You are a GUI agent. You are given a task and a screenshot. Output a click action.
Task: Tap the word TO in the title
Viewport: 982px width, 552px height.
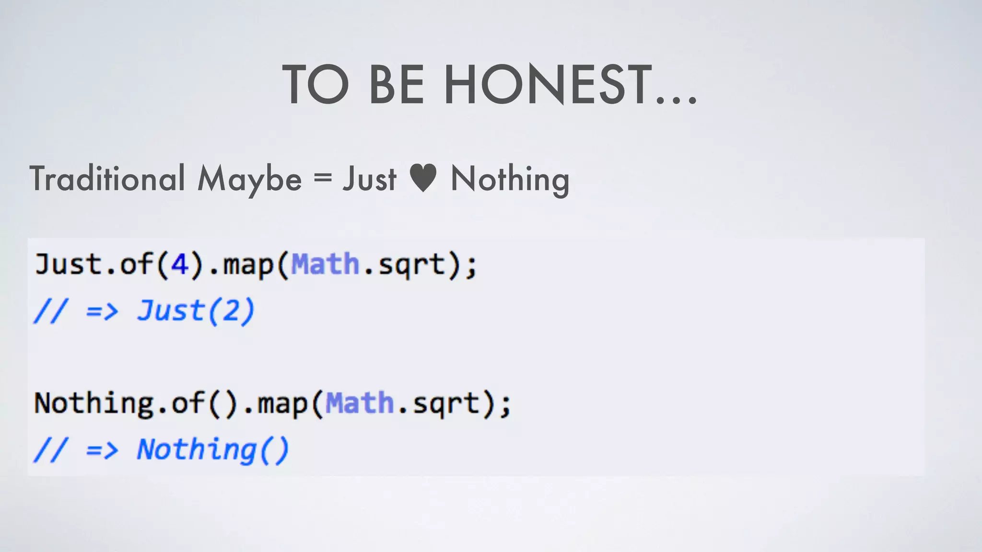click(x=316, y=85)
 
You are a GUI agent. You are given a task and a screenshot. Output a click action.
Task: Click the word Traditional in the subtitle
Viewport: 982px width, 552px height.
click(x=107, y=178)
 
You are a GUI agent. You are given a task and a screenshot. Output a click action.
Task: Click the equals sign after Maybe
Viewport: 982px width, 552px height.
click(x=322, y=177)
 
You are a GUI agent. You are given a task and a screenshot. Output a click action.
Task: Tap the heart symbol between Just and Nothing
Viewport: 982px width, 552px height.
click(x=423, y=178)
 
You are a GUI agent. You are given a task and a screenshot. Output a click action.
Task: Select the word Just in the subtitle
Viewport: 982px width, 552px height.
click(x=369, y=178)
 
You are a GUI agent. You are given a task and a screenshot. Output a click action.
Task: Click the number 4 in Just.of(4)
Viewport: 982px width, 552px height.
click(x=179, y=264)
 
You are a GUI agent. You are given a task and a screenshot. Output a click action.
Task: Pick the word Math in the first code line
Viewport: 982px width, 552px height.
click(x=325, y=264)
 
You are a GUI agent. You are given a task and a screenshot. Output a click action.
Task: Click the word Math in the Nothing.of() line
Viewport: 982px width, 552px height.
click(x=360, y=402)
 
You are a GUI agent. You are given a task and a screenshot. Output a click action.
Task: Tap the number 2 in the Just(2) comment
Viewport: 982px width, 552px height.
click(x=231, y=310)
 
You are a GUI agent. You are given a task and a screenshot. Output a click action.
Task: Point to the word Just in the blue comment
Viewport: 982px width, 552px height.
click(x=170, y=310)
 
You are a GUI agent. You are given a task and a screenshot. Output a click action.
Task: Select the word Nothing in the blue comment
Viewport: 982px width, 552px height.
click(x=197, y=449)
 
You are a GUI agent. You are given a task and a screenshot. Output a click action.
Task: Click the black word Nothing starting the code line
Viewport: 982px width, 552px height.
click(x=94, y=402)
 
